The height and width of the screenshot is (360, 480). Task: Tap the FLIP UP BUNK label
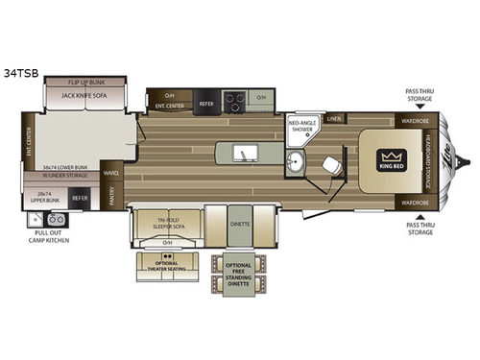pos(86,83)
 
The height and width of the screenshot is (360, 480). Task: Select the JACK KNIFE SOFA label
pos(86,96)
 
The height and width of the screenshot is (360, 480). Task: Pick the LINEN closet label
pos(333,119)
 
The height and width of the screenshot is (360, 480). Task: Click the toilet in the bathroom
pos(332,166)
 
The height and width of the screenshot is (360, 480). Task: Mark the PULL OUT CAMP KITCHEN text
pos(48,236)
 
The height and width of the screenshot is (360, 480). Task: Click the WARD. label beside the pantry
pos(111,174)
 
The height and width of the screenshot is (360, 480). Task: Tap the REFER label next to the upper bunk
pos(81,199)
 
